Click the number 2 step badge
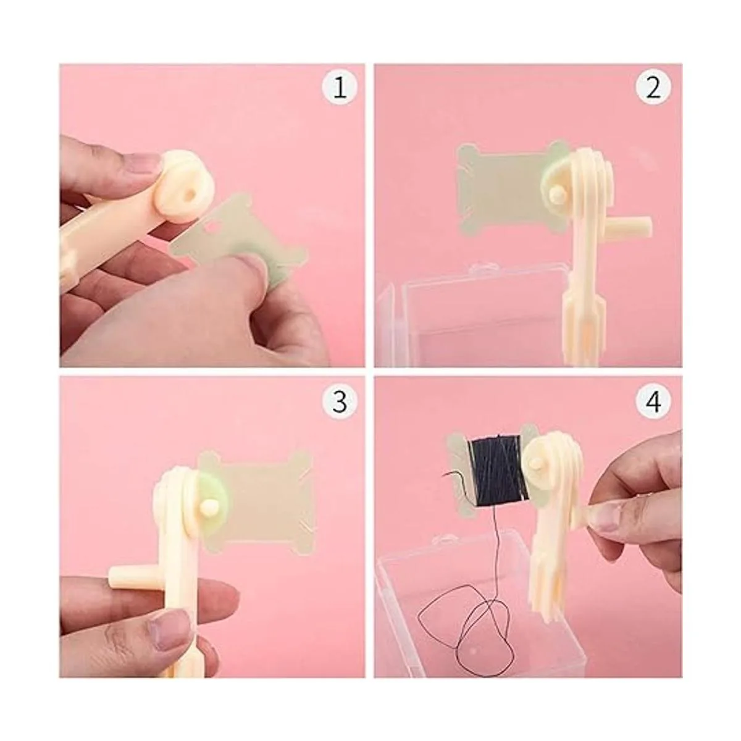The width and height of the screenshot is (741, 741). point(653,88)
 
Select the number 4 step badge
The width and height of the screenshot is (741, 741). point(653,402)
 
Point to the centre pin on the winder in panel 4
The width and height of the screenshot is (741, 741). point(537,466)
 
